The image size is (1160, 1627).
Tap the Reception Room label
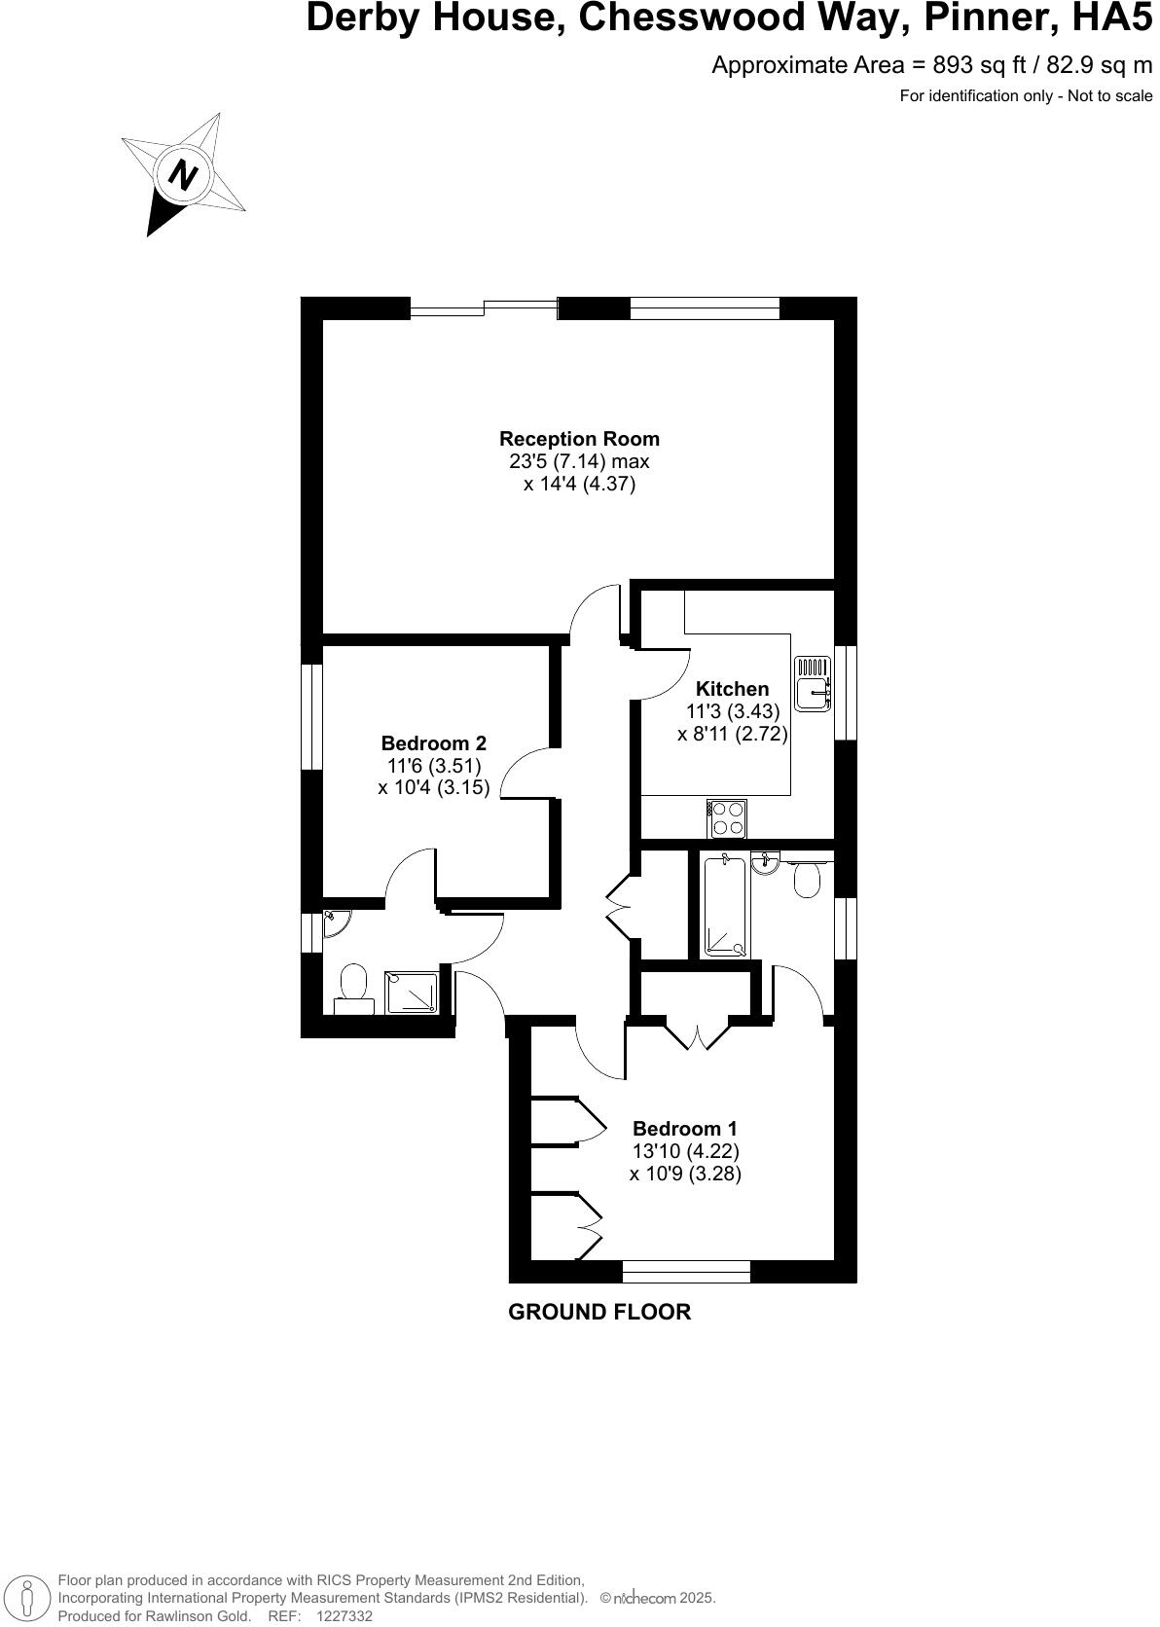coord(579,439)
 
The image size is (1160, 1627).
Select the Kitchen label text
coord(732,689)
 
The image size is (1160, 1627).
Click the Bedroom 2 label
coord(433,744)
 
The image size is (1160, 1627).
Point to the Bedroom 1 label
coord(685,1129)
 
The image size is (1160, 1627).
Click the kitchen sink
coord(813,684)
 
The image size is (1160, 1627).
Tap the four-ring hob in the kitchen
coord(726,818)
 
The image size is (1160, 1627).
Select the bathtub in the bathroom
coord(724,906)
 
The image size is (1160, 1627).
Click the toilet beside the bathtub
coord(807,880)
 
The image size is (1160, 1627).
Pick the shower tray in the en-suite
coord(413,993)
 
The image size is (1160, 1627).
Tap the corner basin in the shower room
coord(333,921)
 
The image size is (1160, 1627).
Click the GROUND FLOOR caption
coord(599,1312)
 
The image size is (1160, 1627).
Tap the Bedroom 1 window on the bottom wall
coord(686,1271)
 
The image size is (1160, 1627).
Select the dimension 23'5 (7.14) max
coord(579,461)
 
